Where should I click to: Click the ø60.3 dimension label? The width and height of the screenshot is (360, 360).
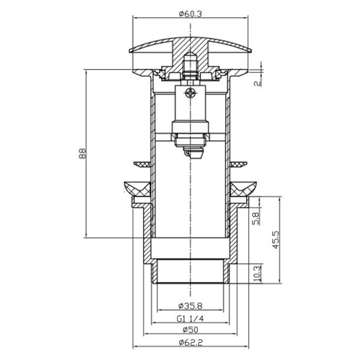190,13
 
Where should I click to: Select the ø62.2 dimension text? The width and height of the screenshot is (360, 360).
190,342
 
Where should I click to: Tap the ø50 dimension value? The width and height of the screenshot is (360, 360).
190,330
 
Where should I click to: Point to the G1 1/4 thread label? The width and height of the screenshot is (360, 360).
190,319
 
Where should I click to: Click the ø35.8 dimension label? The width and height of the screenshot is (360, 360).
190,305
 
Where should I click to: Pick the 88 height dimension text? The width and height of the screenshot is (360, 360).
82,154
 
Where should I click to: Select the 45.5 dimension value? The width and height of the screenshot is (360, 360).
274,239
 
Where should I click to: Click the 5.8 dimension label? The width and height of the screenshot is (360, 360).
257,218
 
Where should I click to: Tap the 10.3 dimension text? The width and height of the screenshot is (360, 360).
257,273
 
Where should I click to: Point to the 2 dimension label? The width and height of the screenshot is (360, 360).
258,83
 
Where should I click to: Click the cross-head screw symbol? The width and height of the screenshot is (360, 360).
190,93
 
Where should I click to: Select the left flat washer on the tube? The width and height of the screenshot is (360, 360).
142,164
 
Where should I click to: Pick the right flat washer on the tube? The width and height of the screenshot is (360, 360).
238,164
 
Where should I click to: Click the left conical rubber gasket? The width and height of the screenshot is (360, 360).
136,189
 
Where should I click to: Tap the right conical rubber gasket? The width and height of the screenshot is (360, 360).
244,189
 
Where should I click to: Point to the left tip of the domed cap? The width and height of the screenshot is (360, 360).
130,51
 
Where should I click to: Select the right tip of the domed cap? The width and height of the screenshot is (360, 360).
251,51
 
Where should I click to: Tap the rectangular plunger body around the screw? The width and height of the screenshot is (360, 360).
190,103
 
